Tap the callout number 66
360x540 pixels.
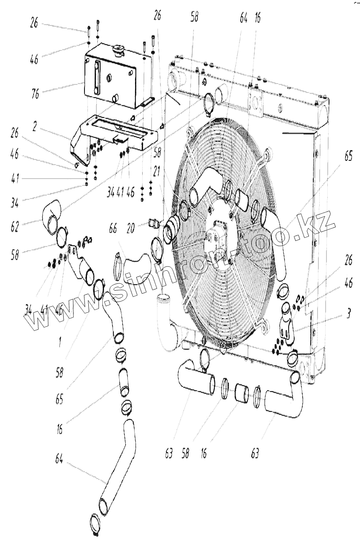[x=112, y=229]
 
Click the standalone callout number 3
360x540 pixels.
[x=348, y=315]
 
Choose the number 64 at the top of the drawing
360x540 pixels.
[x=244, y=19]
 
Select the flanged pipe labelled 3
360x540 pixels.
[x=285, y=325]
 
